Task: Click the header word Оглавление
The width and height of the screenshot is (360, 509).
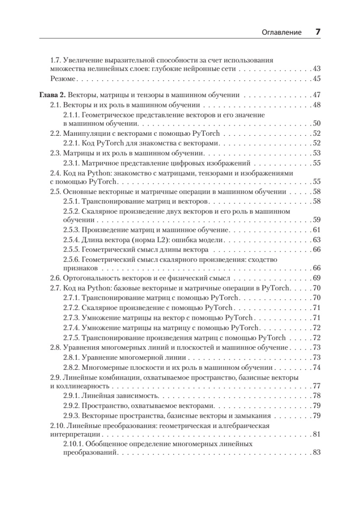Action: (282, 32)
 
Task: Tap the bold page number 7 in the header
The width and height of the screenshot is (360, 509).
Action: (317, 32)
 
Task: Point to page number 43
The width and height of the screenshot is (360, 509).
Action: (316, 69)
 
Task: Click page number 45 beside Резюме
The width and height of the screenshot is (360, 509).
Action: (316, 78)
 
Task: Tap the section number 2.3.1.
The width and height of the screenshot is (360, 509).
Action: (71, 162)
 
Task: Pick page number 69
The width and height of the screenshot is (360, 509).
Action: (316, 278)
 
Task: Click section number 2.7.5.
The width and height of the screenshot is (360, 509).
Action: (71, 338)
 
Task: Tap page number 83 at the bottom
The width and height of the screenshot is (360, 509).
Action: (316, 453)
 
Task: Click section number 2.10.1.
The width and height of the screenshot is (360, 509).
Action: (73, 444)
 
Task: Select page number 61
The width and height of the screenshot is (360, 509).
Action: (316, 230)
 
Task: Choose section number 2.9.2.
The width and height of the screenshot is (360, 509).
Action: (71, 405)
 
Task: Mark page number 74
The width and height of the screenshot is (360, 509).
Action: (316, 367)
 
